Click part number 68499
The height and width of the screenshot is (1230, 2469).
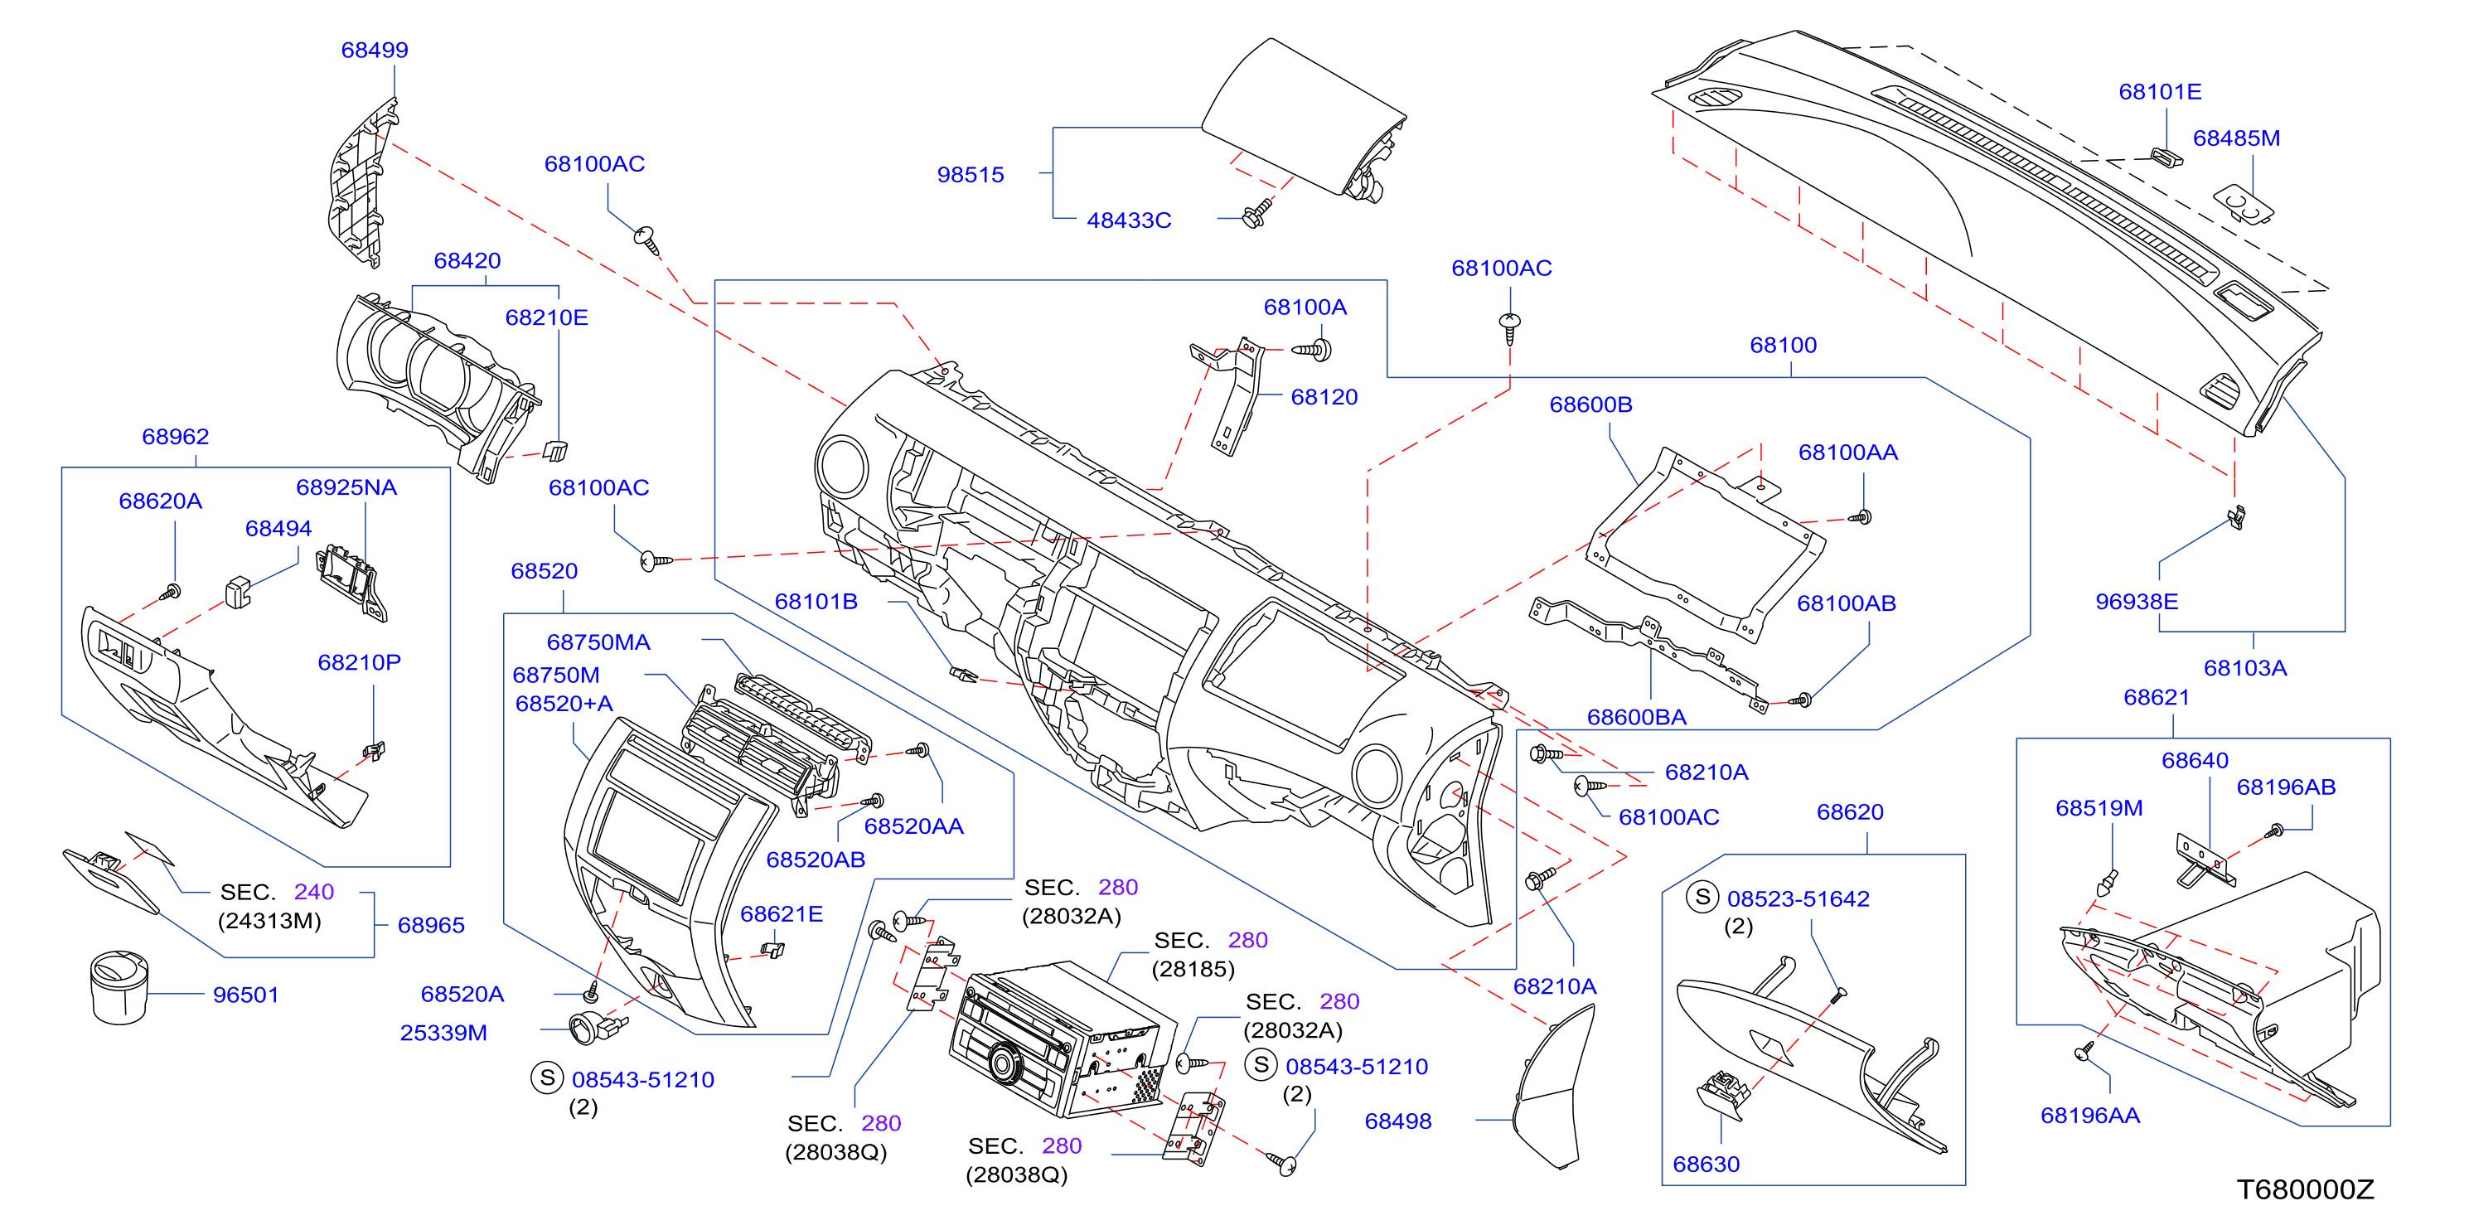375,50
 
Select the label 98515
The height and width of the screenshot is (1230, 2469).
970,175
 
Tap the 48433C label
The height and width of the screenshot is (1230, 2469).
1128,220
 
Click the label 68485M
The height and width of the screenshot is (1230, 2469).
2236,138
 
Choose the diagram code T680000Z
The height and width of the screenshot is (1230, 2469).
2305,1189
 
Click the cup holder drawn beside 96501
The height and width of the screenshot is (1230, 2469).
119,987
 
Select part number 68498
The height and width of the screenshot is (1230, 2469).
1397,1121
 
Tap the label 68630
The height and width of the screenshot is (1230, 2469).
1705,1164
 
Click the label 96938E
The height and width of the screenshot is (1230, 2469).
2137,601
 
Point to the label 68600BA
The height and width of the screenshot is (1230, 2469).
1636,717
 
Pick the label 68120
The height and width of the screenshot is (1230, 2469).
1324,397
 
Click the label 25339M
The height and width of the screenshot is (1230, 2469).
443,1033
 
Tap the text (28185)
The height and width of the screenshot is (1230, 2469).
1193,969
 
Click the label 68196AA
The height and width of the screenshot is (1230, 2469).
2089,1115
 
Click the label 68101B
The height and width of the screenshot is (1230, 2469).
816,601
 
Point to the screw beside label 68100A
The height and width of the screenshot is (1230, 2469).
1312,350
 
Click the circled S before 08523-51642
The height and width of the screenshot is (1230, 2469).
1702,898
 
